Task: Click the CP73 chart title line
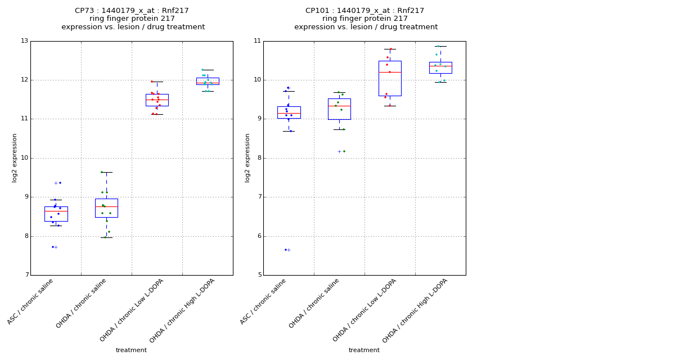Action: pos(132,11)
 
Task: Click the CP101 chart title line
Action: pos(364,11)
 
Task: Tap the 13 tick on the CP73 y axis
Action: pos(24,41)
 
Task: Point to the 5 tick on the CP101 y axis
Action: pos(257,275)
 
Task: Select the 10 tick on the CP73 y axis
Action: pos(24,158)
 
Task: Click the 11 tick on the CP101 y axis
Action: pos(257,41)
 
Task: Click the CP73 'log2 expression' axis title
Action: pos(15,157)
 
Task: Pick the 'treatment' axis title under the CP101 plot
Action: pos(364,350)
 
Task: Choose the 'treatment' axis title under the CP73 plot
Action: pos(131,350)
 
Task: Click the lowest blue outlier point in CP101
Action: pos(286,250)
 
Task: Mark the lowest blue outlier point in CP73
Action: pos(53,247)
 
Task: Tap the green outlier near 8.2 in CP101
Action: pos(344,151)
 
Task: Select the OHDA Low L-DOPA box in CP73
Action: pos(157,100)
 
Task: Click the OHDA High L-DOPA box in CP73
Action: pos(208,81)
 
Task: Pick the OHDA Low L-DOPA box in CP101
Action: pos(390,78)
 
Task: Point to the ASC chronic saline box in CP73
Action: pos(56,214)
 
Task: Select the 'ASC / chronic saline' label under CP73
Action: pos(31,301)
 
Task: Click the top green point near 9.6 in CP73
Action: pos(102,172)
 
